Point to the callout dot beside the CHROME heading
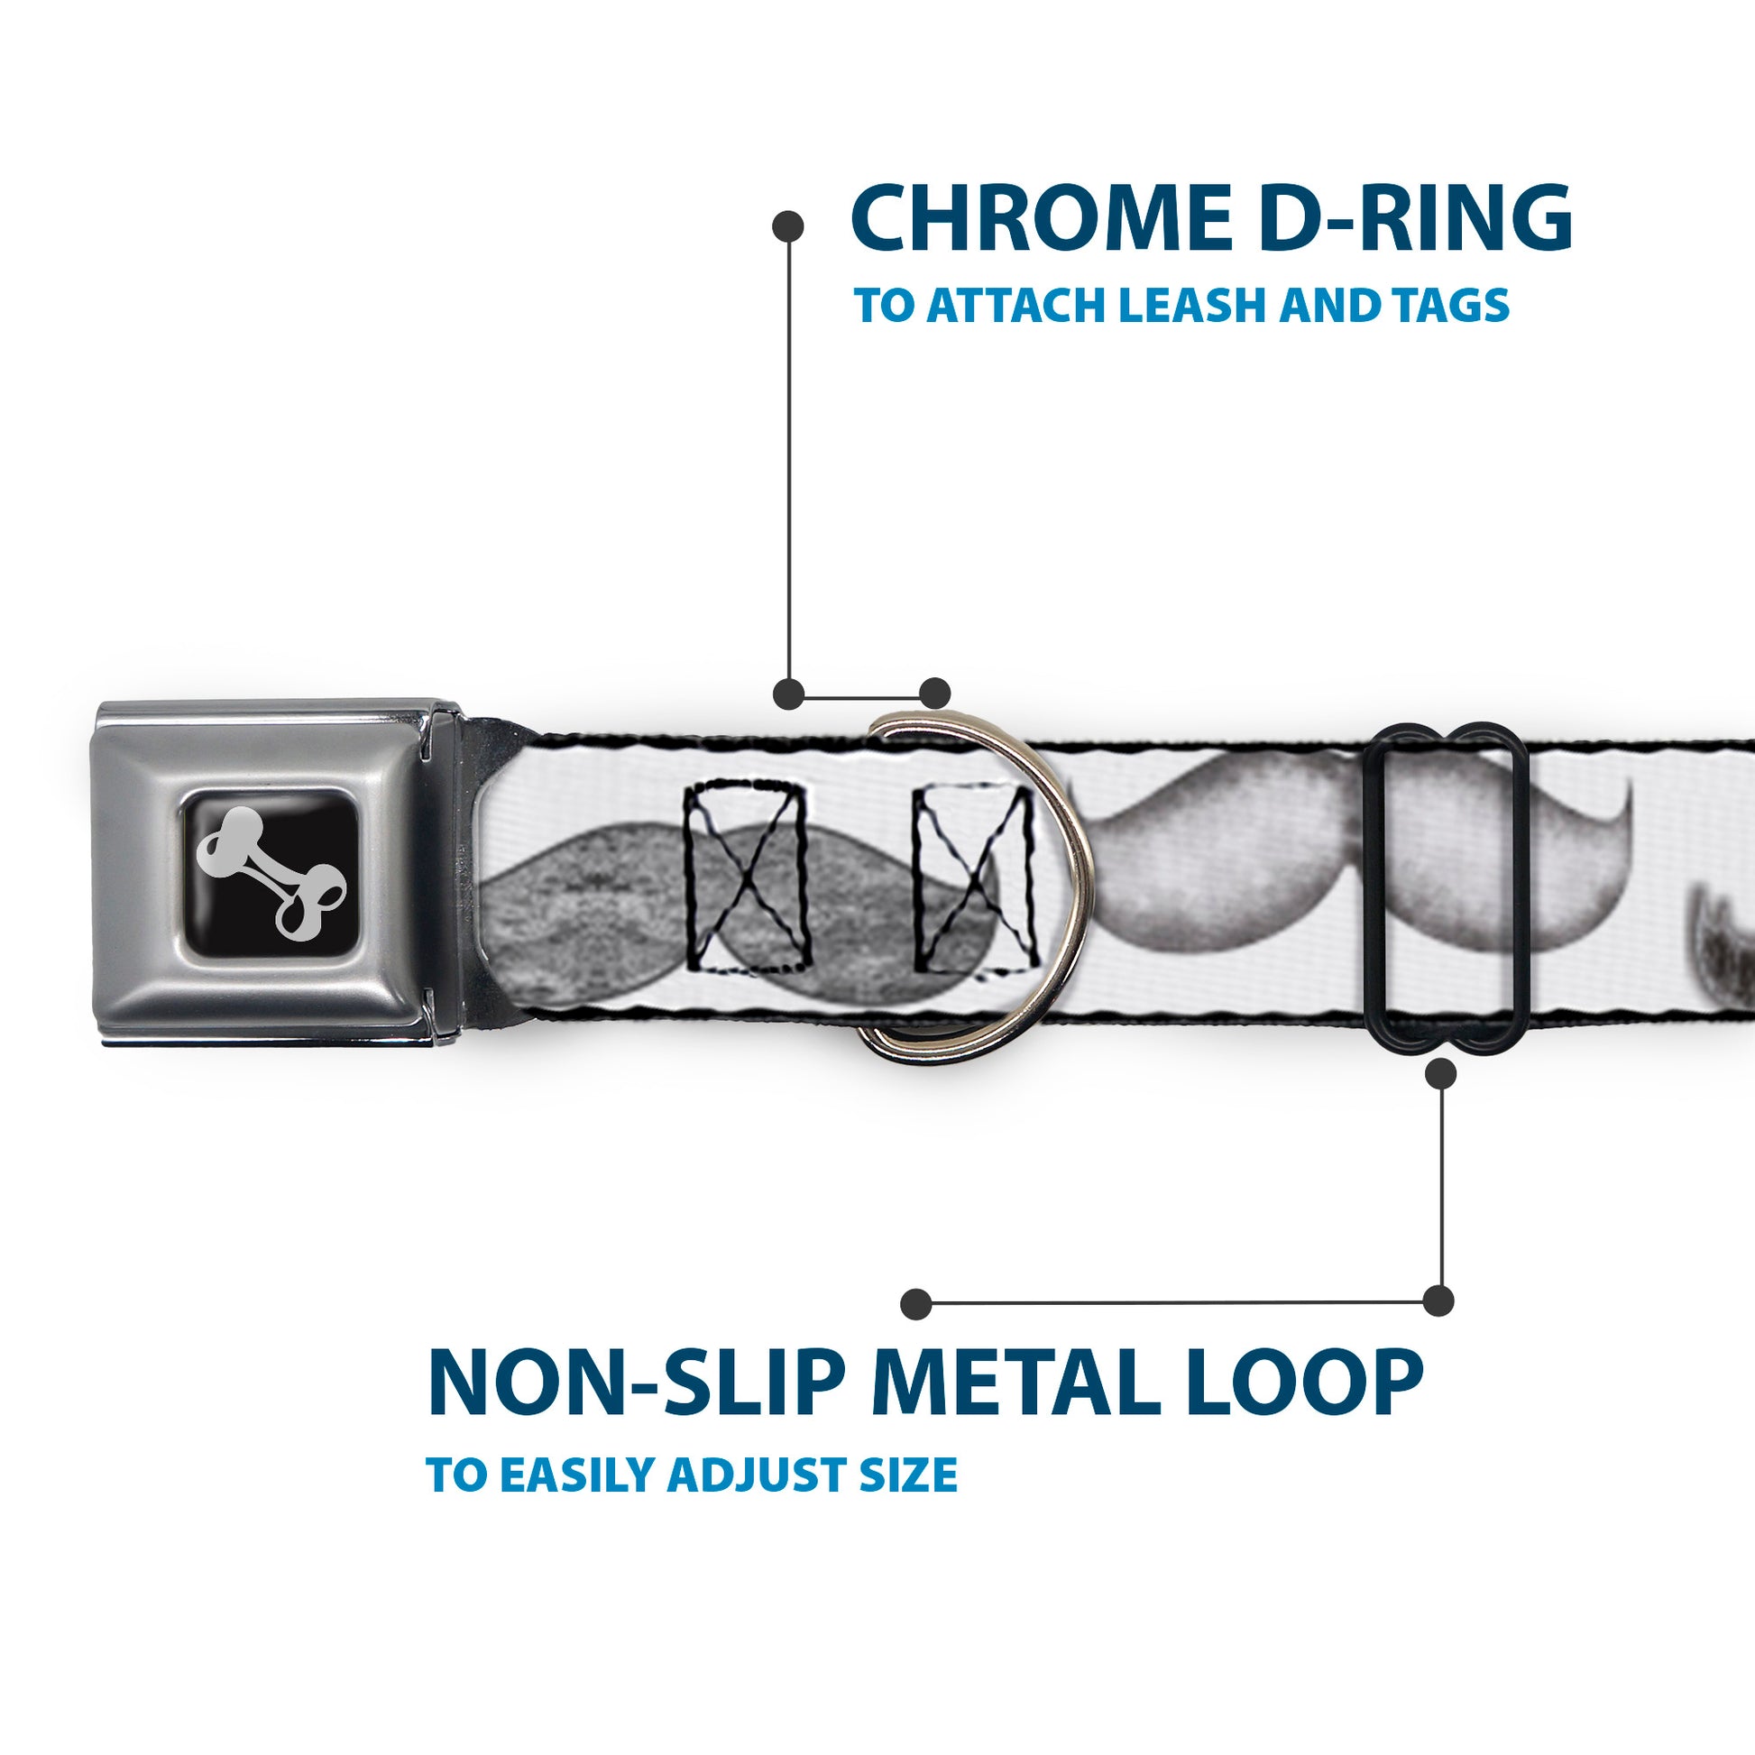(787, 226)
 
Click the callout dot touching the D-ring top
(934, 694)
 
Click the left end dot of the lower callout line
(916, 1303)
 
